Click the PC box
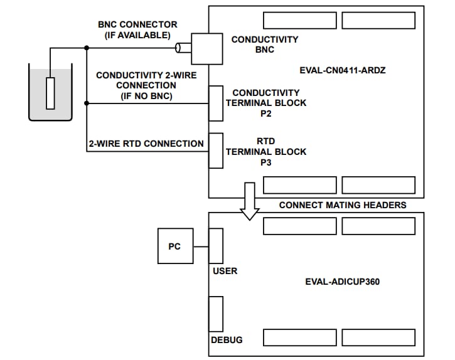[x=174, y=246]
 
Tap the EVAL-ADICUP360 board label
[x=342, y=282]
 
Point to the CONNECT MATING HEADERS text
[x=343, y=205]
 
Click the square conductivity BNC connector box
[x=207, y=48]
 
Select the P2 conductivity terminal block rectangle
[x=216, y=103]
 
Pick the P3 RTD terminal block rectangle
[x=216, y=151]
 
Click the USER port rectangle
[x=216, y=246]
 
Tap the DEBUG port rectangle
[x=216, y=314]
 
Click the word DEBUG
[x=227, y=340]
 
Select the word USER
[x=225, y=271]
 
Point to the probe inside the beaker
[x=51, y=92]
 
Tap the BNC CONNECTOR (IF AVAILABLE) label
[x=137, y=29]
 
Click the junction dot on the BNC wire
[x=86, y=48]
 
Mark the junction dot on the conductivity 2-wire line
[x=86, y=103]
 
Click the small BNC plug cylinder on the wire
[x=181, y=48]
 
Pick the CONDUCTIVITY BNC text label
[x=265, y=45]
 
